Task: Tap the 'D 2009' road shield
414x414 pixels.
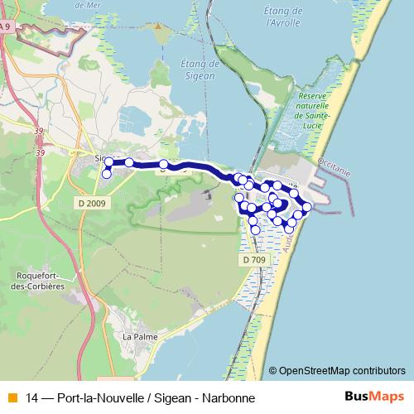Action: click(x=91, y=203)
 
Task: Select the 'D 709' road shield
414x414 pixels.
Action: click(x=256, y=260)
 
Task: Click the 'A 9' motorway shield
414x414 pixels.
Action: click(x=6, y=27)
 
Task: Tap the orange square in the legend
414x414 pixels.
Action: click(x=11, y=398)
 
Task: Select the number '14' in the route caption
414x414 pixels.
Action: click(x=32, y=398)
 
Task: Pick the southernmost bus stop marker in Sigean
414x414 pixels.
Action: click(x=107, y=173)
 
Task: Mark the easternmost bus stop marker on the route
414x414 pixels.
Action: click(x=307, y=206)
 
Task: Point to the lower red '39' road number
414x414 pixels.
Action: click(x=40, y=153)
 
